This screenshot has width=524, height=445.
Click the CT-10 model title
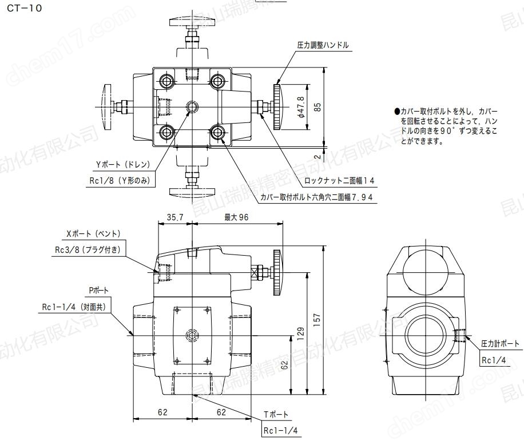[25, 9]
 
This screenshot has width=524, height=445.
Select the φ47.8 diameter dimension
[301, 106]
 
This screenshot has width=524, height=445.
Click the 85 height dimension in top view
[317, 106]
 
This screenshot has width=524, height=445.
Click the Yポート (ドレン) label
[123, 165]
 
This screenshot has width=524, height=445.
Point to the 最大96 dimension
[234, 217]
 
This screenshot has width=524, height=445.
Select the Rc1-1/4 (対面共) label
[77, 307]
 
